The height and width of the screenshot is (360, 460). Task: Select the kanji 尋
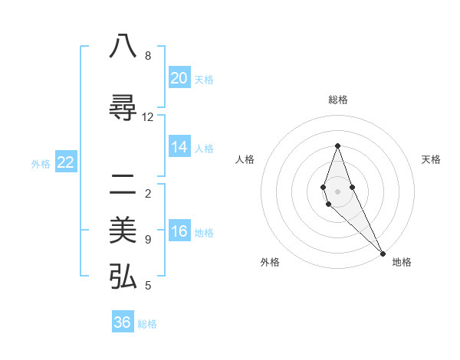click(x=123, y=108)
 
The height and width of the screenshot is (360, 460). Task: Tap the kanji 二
click(x=123, y=185)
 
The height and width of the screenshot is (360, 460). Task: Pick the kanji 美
click(x=123, y=231)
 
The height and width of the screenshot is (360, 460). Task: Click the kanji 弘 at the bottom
click(x=123, y=277)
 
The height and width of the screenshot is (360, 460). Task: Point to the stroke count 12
click(x=148, y=116)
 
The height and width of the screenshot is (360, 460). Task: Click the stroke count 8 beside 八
click(x=148, y=56)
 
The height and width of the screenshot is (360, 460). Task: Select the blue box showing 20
click(x=179, y=78)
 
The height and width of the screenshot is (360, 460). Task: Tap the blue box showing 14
click(x=179, y=147)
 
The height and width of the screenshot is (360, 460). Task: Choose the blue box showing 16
click(x=179, y=231)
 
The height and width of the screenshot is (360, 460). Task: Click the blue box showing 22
click(x=66, y=162)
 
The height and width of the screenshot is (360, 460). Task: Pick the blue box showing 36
click(x=123, y=322)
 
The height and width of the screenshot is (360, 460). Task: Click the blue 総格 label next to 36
click(x=147, y=324)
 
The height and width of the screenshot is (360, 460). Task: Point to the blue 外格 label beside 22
click(x=41, y=164)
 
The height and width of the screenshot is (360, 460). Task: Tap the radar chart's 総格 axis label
click(x=338, y=100)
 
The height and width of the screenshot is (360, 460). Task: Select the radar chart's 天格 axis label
click(x=431, y=159)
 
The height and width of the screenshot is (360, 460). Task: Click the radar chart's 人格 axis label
click(x=245, y=159)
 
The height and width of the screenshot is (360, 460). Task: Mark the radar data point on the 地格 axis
click(x=383, y=253)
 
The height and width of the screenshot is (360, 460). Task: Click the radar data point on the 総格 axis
click(x=337, y=146)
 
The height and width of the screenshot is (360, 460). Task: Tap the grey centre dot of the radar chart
click(x=337, y=191)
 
